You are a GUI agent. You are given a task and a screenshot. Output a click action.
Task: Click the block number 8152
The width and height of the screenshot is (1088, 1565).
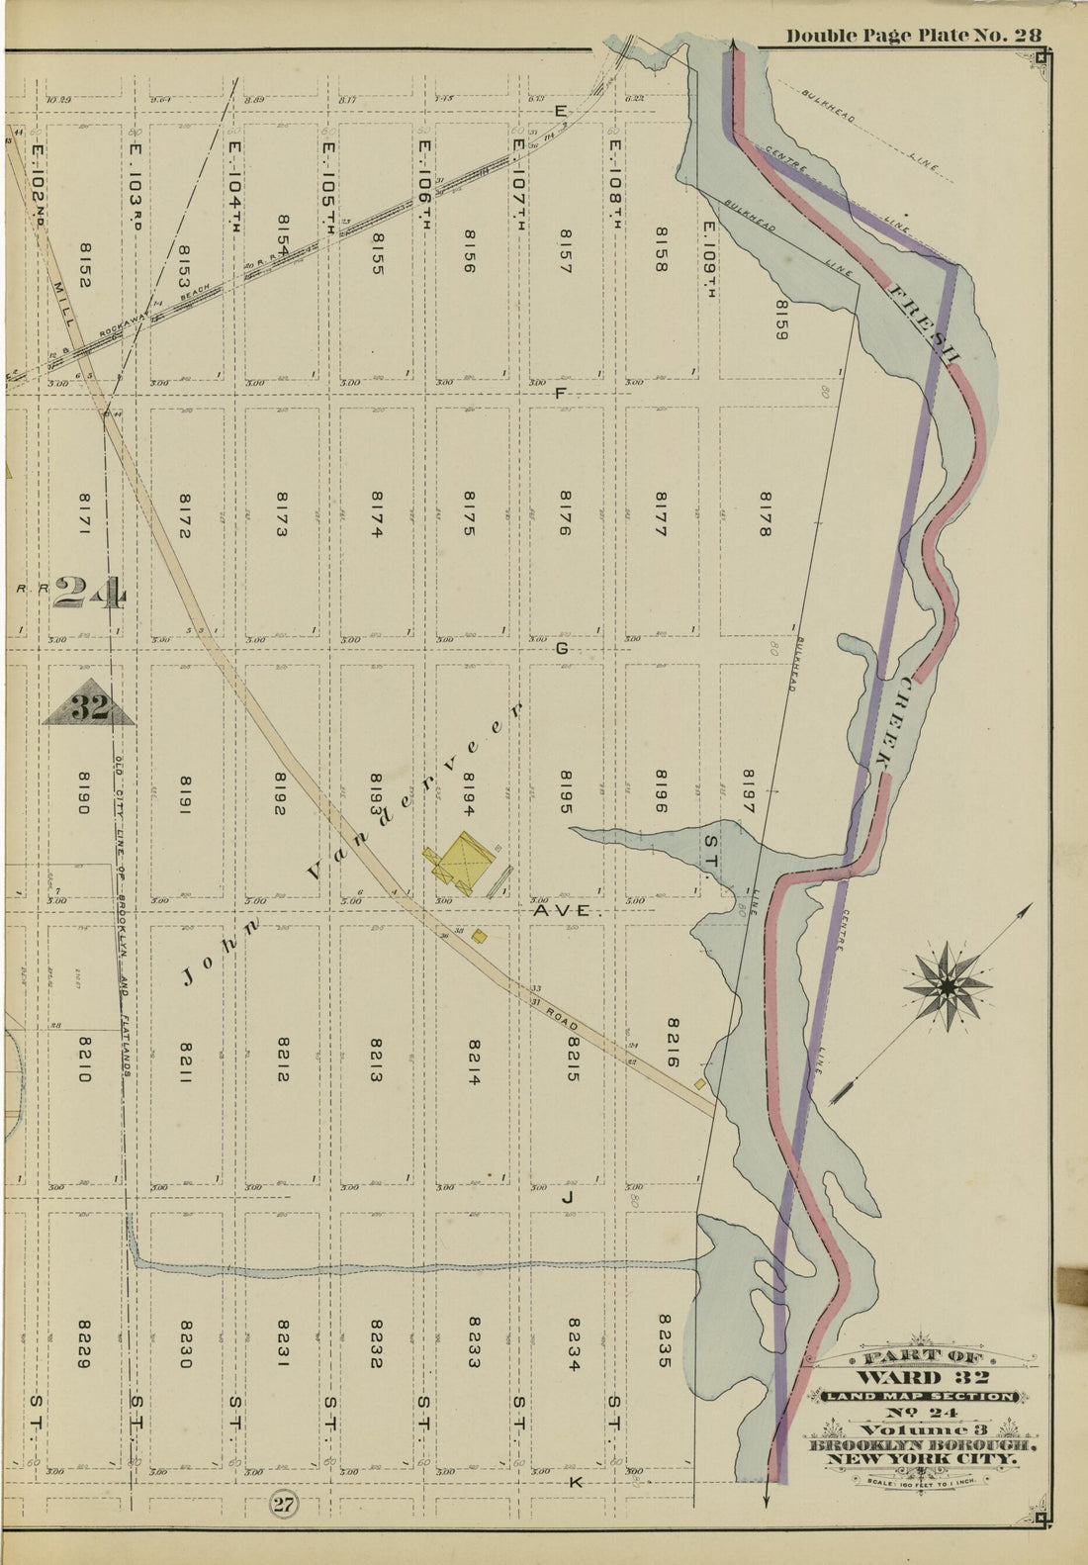tap(83, 267)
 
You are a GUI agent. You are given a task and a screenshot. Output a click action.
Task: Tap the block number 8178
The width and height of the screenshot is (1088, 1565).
tap(764, 514)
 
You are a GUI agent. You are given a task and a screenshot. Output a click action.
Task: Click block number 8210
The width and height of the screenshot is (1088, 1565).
tap(83, 1059)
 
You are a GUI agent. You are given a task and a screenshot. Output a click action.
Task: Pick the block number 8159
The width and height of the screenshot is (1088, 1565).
tap(780, 320)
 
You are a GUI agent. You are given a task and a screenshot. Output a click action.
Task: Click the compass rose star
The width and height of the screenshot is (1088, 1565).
tap(948, 986)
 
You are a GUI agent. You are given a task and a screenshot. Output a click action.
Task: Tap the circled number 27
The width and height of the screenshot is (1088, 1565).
tap(283, 1507)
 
